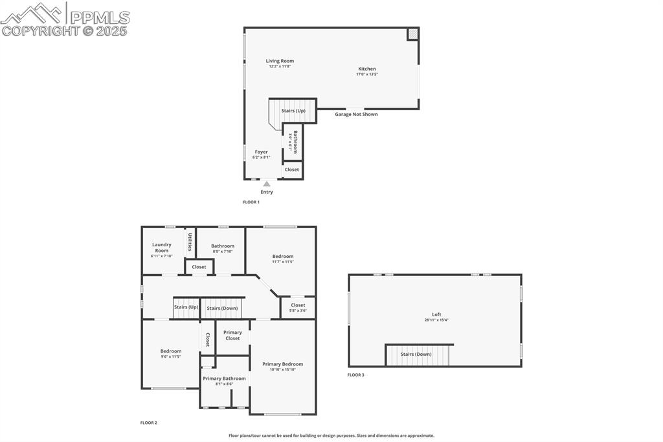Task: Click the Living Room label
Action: pos(280,61)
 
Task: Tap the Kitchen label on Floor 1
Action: pos(367,69)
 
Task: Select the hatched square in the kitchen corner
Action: pos(412,34)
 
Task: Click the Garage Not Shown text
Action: pos(356,114)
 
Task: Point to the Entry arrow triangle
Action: pos(267,184)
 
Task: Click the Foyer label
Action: pos(261,152)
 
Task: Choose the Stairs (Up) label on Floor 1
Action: pos(293,111)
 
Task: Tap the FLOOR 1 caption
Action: pos(251,202)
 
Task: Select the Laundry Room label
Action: pos(162,247)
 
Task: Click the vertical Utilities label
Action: pos(190,242)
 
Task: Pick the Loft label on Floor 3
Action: pos(437,314)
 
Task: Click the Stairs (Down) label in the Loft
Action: pos(416,355)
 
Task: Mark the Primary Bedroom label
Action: pos(283,364)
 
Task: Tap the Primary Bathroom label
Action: pos(224,378)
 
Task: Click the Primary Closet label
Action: pos(232,335)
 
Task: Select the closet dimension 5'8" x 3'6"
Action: pos(298,310)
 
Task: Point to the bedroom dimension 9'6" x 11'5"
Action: pos(171,356)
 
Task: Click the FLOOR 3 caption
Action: pos(355,375)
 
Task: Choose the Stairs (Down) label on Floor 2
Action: pos(222,308)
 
